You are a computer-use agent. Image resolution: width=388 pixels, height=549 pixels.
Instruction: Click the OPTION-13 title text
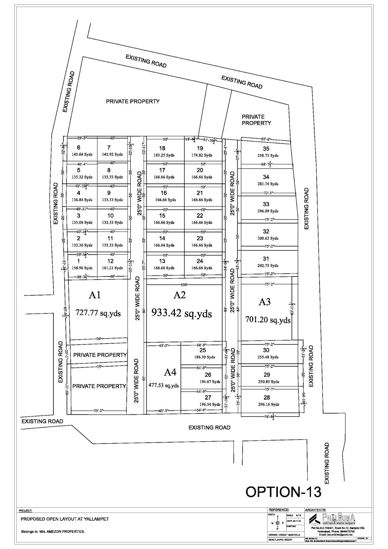pos(283,491)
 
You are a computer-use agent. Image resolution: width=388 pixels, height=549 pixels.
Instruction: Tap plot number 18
pos(162,149)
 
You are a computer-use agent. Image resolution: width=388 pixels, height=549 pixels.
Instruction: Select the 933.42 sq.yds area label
pos(181,313)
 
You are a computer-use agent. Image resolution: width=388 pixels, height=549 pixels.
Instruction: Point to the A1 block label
pos(94,295)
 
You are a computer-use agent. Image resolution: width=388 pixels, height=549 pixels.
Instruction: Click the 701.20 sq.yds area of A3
pos(268,320)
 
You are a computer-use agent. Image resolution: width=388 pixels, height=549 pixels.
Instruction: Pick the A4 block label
pos(170,372)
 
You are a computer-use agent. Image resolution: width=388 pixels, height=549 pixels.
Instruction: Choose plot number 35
pos(266,149)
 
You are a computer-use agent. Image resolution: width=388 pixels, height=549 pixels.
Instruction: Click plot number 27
pos(208,397)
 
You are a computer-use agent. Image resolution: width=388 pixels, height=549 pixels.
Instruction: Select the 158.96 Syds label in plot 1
pos(82,268)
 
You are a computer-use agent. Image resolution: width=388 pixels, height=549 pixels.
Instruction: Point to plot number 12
pos(110,261)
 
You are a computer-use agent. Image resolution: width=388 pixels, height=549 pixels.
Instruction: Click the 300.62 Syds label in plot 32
pos(266,238)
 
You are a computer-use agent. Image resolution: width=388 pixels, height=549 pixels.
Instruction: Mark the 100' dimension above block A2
pos(184,285)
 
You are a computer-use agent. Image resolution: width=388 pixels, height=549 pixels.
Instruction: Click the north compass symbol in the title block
pos(277,523)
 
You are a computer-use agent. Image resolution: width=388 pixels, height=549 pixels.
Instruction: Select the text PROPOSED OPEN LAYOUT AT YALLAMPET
pos(65,519)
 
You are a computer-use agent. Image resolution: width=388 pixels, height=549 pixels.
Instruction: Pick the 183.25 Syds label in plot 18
pos(164,155)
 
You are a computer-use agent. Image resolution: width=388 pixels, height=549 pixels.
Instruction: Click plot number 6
pos(79,148)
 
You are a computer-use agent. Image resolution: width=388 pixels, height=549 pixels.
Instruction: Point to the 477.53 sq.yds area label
pos(164,385)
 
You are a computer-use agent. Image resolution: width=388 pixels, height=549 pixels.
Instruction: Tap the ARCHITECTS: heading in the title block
pos(315,510)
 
